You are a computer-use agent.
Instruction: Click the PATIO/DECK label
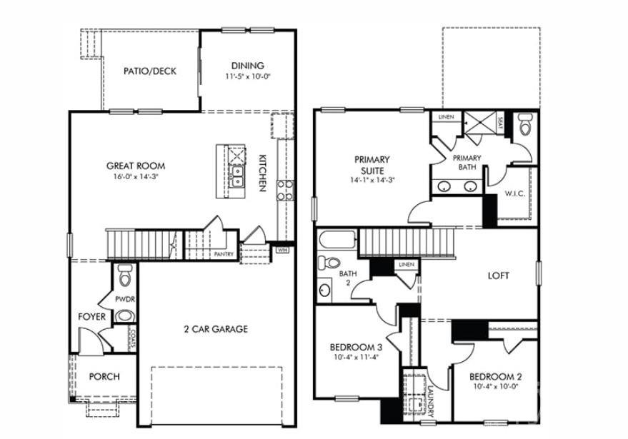pyautogui.click(x=149, y=71)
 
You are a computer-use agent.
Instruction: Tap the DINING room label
pyautogui.click(x=248, y=66)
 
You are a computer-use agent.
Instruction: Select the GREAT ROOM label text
pyautogui.click(x=136, y=166)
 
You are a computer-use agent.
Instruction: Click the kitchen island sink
pyautogui.click(x=236, y=176)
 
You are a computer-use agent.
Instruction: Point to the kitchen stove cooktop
pyautogui.click(x=284, y=189)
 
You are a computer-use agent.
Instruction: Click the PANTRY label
pyautogui.click(x=224, y=253)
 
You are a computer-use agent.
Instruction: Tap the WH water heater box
pyautogui.click(x=282, y=250)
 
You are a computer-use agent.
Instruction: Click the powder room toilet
pyautogui.click(x=126, y=274)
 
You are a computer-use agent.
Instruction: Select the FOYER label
pyautogui.click(x=92, y=316)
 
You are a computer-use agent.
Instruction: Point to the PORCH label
pyautogui.click(x=104, y=376)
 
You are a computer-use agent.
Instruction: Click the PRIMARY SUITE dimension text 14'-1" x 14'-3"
pyautogui.click(x=372, y=180)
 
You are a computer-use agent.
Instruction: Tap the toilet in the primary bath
pyautogui.click(x=526, y=127)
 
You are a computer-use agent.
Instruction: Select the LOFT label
pyautogui.click(x=498, y=276)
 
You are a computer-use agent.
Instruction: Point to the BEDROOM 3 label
pyautogui.click(x=356, y=348)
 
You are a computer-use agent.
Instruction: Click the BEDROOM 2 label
pyautogui.click(x=495, y=376)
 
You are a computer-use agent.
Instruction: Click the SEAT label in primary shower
pyautogui.click(x=499, y=122)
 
